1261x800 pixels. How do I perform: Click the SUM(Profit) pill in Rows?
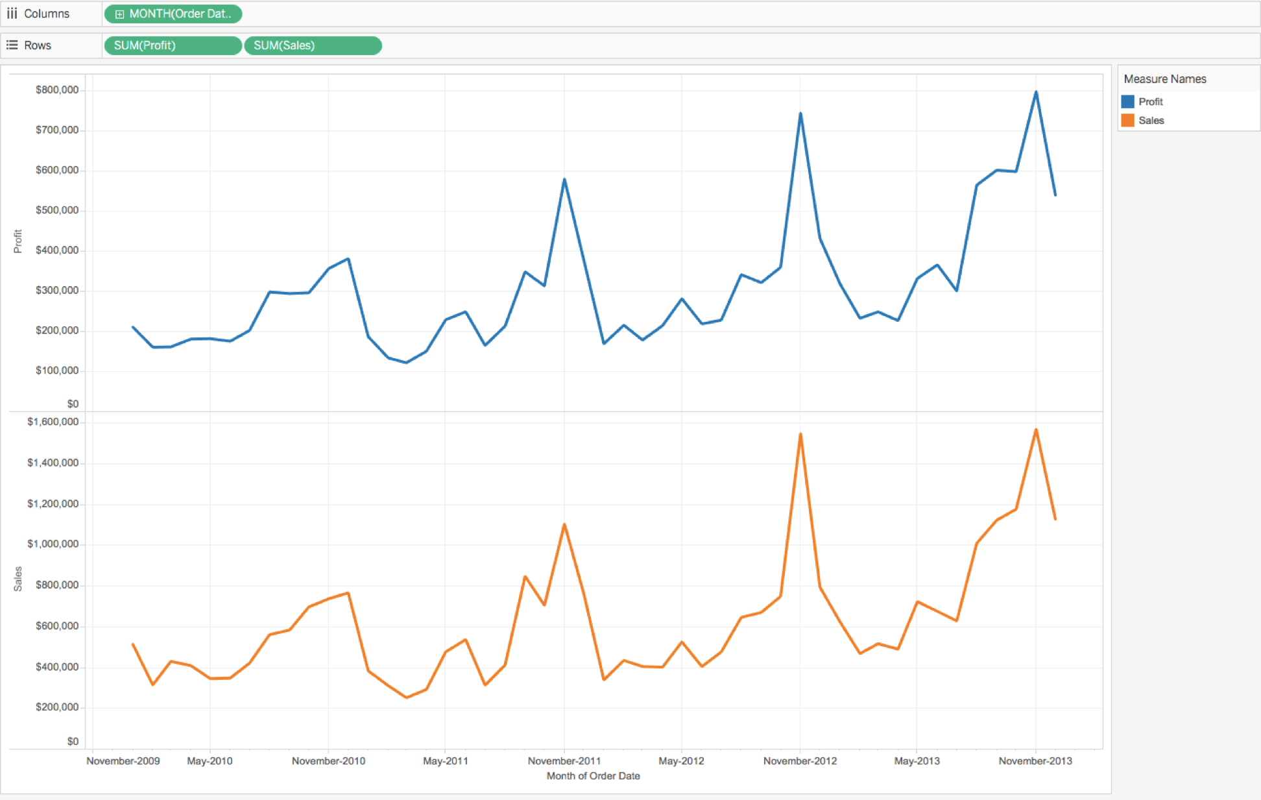172,45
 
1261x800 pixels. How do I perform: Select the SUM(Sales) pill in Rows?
312,45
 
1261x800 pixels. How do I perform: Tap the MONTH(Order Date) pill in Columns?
173,14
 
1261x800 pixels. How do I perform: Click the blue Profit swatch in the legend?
1127,102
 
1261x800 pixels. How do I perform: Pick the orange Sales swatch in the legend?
1127,121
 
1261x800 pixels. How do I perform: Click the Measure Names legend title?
1164,79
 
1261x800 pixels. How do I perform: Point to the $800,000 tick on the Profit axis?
57,90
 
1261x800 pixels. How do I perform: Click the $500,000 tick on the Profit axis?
57,210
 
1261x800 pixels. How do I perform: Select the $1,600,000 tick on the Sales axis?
53,422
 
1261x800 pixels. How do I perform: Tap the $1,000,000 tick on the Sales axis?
53,544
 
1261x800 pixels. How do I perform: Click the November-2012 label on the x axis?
800,760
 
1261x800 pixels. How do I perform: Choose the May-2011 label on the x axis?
445,760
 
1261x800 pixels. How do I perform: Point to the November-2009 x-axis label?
123,760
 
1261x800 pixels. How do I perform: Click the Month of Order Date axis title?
593,776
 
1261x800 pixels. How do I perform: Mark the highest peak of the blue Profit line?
1036,92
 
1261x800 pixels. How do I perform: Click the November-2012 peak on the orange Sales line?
800,434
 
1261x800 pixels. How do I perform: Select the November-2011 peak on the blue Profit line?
564,180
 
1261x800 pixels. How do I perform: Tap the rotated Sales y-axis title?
18,579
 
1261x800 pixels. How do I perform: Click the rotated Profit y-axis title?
18,241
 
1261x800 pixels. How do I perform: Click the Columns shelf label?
46,14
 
